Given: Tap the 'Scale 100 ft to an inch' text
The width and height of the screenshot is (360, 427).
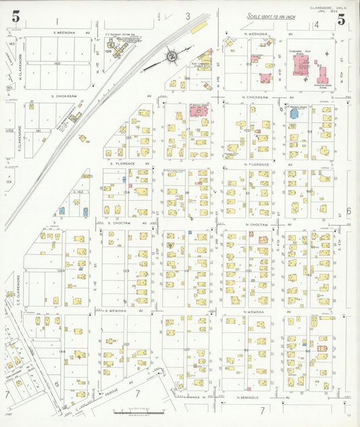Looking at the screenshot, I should [x=271, y=16].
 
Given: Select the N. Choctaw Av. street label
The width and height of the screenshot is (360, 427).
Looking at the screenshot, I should [x=259, y=221].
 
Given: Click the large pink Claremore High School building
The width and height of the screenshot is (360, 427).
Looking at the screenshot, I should [x=297, y=68].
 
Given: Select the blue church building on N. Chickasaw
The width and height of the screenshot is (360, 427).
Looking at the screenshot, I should [x=294, y=114].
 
